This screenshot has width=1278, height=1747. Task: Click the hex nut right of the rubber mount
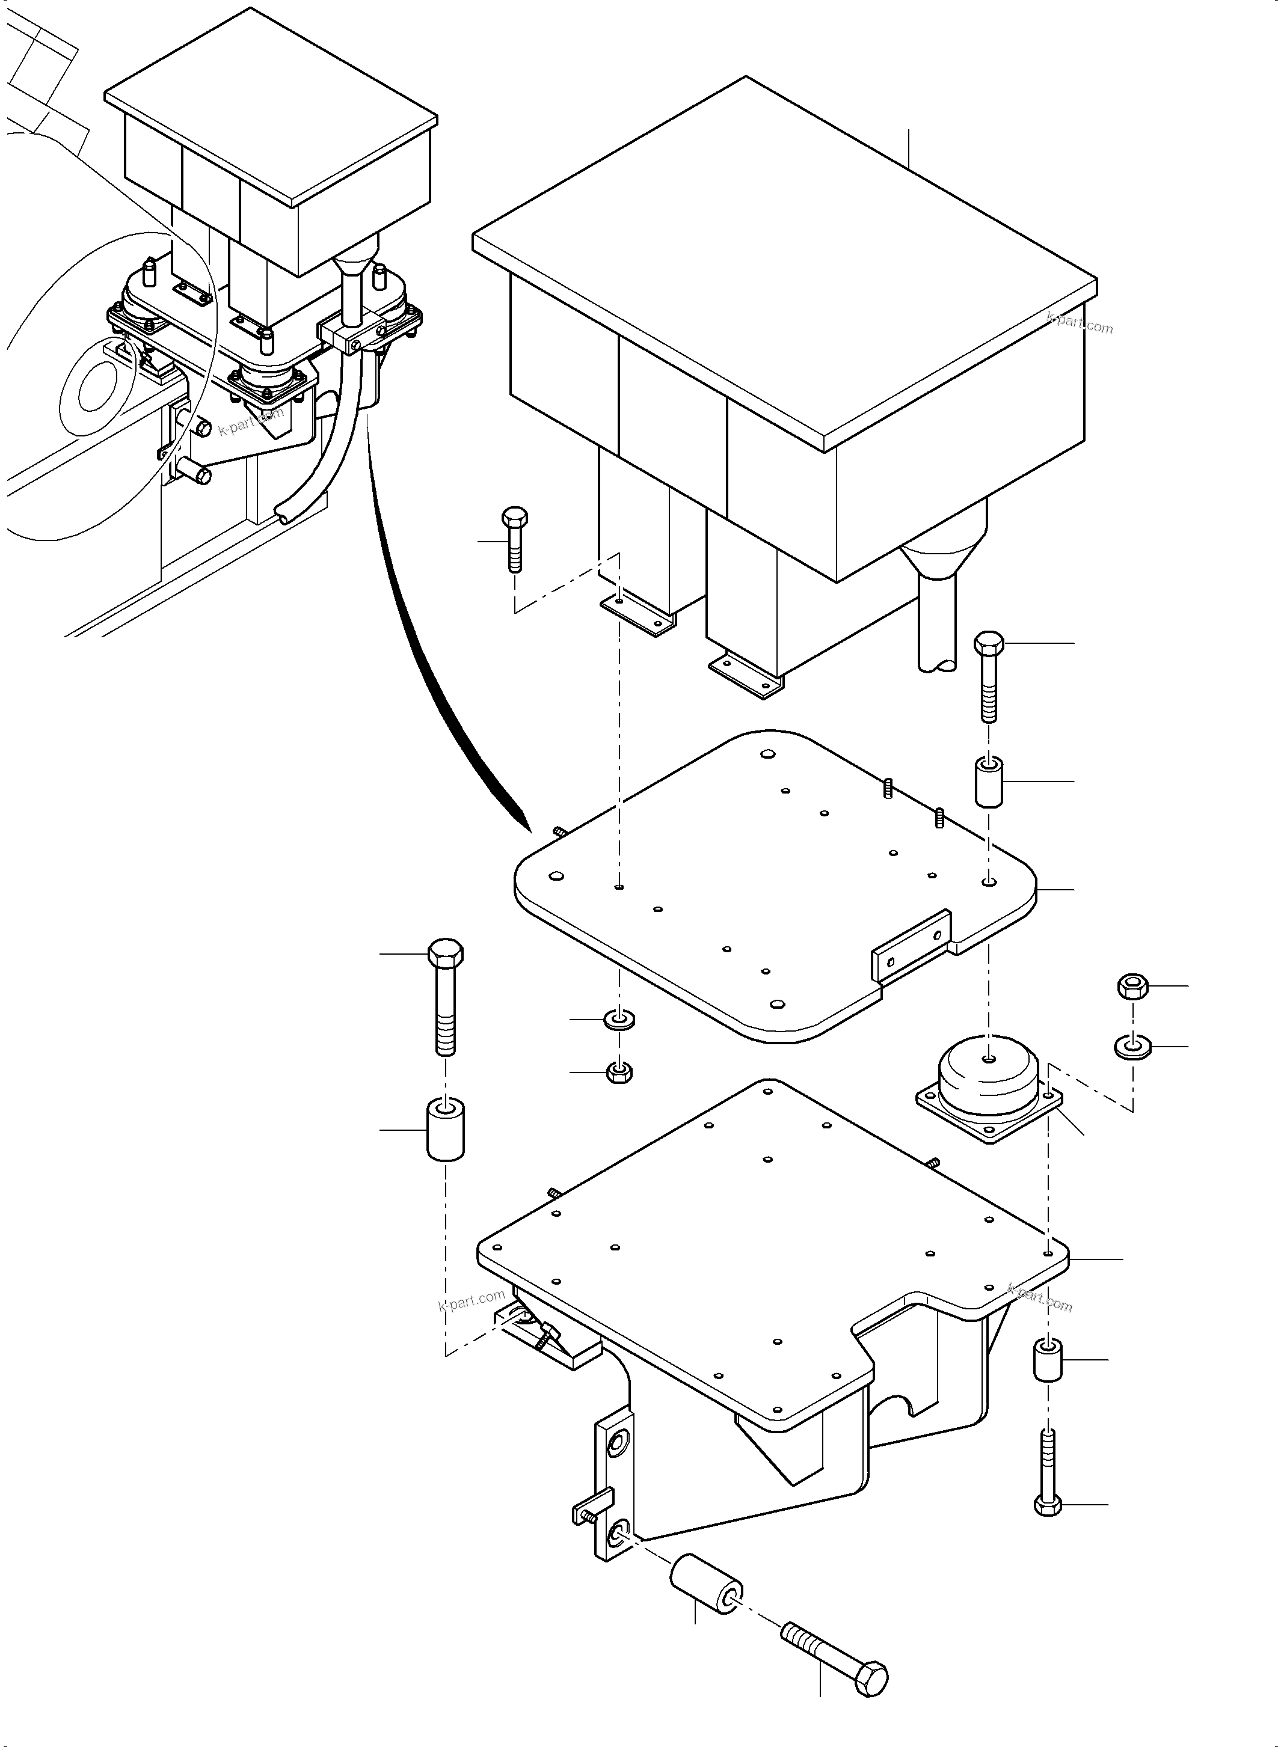(x=1132, y=986)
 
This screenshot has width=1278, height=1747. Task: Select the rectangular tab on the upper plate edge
(x=911, y=947)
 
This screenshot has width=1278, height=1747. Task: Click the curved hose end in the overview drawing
(x=284, y=513)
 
